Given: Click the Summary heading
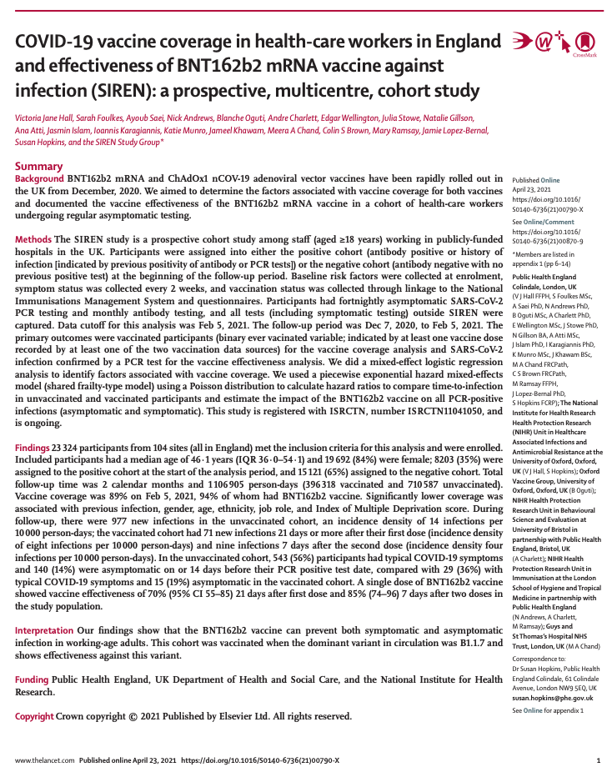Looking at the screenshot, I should click(x=38, y=166).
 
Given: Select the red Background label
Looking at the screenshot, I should click(x=38, y=179).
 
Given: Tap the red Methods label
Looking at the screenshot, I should click(x=33, y=239).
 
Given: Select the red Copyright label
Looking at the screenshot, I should click(x=35, y=716).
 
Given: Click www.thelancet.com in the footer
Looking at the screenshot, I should click(x=44, y=760).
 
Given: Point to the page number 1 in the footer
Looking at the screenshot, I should click(x=598, y=760).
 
